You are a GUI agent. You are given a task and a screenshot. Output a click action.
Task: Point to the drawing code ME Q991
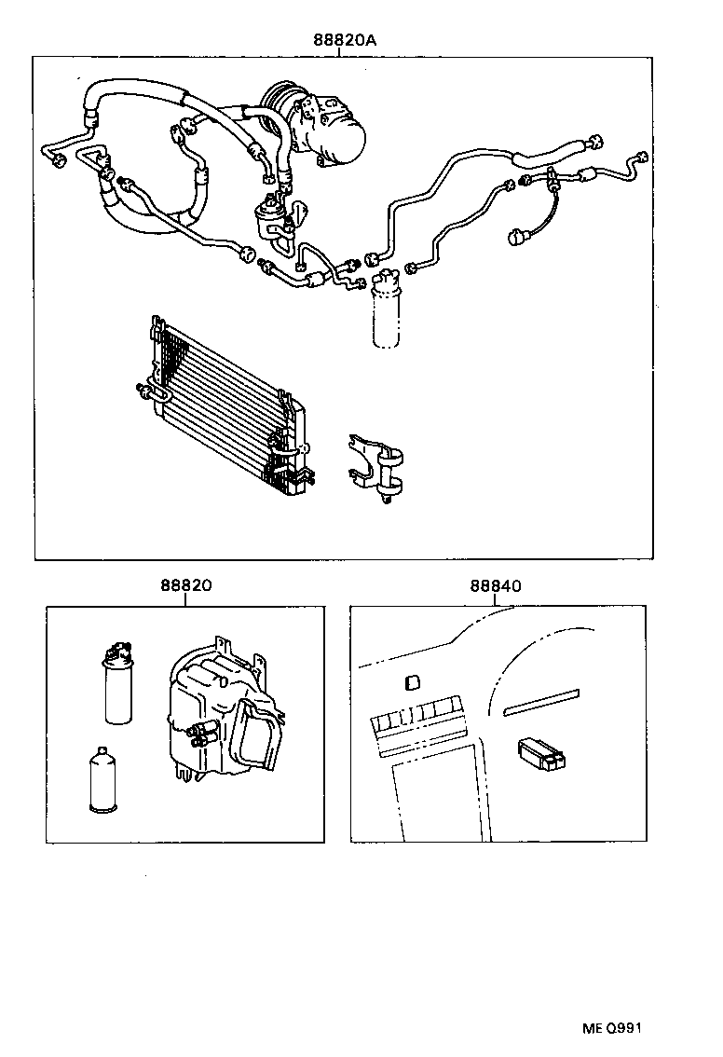click(x=612, y=1028)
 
